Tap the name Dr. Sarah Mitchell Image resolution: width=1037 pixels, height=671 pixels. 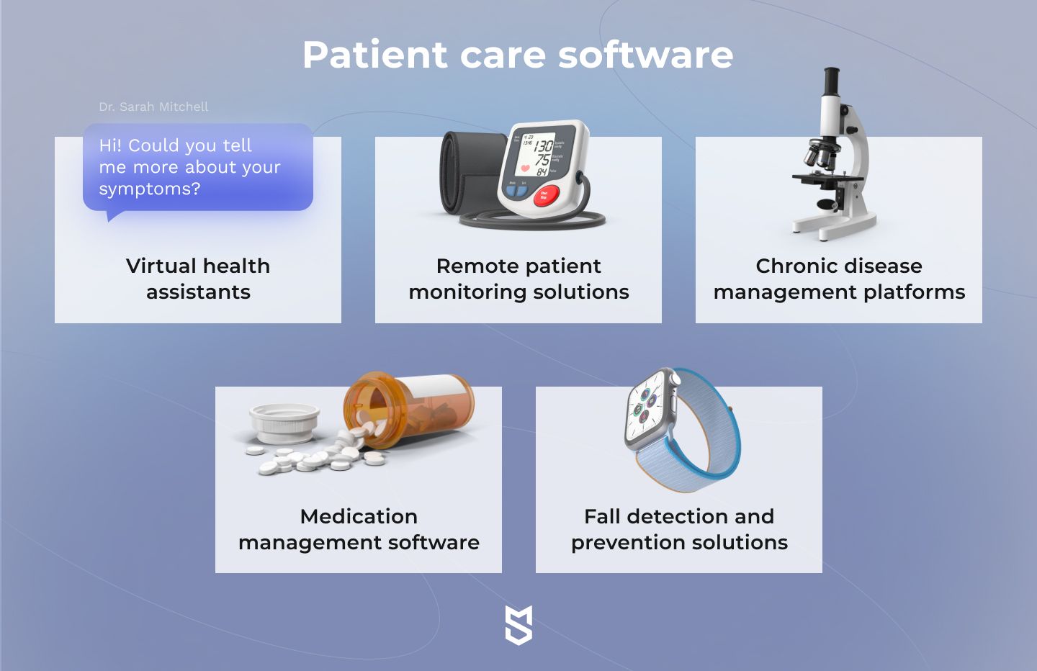(x=153, y=107)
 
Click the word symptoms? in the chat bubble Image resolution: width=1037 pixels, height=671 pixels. (x=150, y=189)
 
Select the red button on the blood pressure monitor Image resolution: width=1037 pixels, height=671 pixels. (x=546, y=196)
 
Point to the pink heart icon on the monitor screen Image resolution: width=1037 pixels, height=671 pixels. (x=526, y=168)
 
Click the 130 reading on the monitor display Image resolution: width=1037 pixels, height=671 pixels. (x=543, y=146)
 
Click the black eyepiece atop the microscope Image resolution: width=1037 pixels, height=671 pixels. (x=832, y=80)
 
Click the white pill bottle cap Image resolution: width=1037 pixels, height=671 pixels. (x=284, y=423)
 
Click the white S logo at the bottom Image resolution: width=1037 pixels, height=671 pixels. (x=518, y=625)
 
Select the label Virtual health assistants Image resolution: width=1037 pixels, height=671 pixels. (x=198, y=279)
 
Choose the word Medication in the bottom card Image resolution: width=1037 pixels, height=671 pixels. (x=359, y=516)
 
